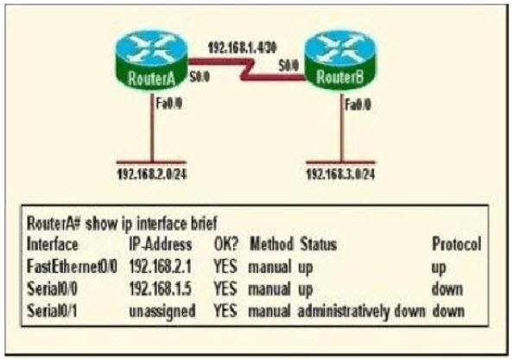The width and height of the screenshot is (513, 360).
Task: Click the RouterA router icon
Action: [x=152, y=60]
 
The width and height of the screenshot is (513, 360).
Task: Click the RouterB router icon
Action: [x=340, y=60]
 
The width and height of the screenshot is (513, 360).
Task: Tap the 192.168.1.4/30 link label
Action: [x=243, y=48]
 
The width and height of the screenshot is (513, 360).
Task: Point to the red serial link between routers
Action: [x=247, y=69]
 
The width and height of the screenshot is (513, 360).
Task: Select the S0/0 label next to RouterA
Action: [x=199, y=77]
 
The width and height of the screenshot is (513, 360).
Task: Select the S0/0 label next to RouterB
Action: [x=288, y=66]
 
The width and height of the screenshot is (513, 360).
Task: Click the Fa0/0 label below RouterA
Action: [x=168, y=104]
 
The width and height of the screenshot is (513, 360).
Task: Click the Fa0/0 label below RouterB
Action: [x=358, y=105]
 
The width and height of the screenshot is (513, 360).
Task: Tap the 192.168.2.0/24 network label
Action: [x=152, y=174]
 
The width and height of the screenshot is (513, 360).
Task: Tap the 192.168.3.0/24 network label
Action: [x=340, y=174]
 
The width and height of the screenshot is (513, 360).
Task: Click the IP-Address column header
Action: [x=161, y=244]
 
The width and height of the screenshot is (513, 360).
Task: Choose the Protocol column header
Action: [x=457, y=244]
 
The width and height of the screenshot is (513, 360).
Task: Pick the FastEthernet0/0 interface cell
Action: [x=72, y=267]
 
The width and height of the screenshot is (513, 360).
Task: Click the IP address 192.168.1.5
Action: [x=161, y=288]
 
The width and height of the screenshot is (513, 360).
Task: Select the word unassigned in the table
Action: [x=162, y=311]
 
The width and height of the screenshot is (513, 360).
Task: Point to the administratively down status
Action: [x=362, y=312]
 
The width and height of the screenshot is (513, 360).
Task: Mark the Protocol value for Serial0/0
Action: [x=446, y=289]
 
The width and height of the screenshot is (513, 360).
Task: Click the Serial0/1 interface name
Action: [x=52, y=311]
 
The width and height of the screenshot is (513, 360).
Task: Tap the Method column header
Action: [x=271, y=244]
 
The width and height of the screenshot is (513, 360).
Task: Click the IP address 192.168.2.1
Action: [x=161, y=267]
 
